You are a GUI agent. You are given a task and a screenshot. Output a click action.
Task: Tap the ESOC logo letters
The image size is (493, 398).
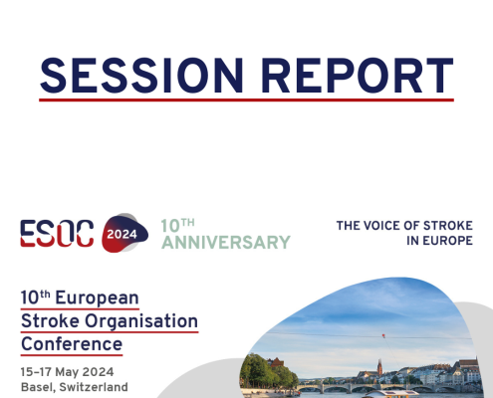point(58,233)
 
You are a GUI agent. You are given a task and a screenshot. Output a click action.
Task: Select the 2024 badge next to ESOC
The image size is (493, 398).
point(123,233)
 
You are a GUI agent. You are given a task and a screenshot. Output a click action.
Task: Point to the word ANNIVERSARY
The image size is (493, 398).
point(226,242)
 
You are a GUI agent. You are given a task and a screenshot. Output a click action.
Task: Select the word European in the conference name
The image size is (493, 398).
point(99,298)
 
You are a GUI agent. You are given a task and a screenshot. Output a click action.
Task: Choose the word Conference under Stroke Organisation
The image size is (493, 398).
point(72,345)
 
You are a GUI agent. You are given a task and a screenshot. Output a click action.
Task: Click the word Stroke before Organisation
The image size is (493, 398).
point(46,322)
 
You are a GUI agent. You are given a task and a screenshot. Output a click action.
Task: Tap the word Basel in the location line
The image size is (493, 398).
point(38,387)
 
